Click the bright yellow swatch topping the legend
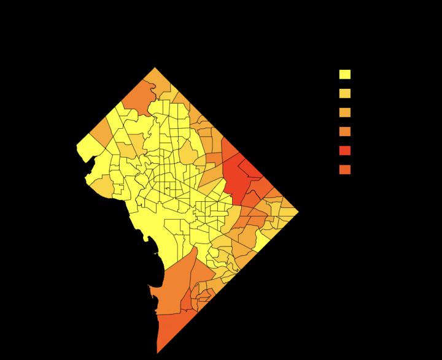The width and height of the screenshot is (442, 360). [345, 74]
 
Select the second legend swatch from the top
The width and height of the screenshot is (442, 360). [345, 93]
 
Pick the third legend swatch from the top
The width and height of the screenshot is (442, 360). [345, 112]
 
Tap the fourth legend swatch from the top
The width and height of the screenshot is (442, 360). [345, 131]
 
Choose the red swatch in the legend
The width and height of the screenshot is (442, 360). [345, 150]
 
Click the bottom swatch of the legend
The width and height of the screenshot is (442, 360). [345, 169]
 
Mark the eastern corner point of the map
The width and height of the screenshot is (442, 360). [298, 212]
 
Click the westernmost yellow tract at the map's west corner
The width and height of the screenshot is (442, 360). [87, 148]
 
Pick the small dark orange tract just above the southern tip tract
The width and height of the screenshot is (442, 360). [187, 301]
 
